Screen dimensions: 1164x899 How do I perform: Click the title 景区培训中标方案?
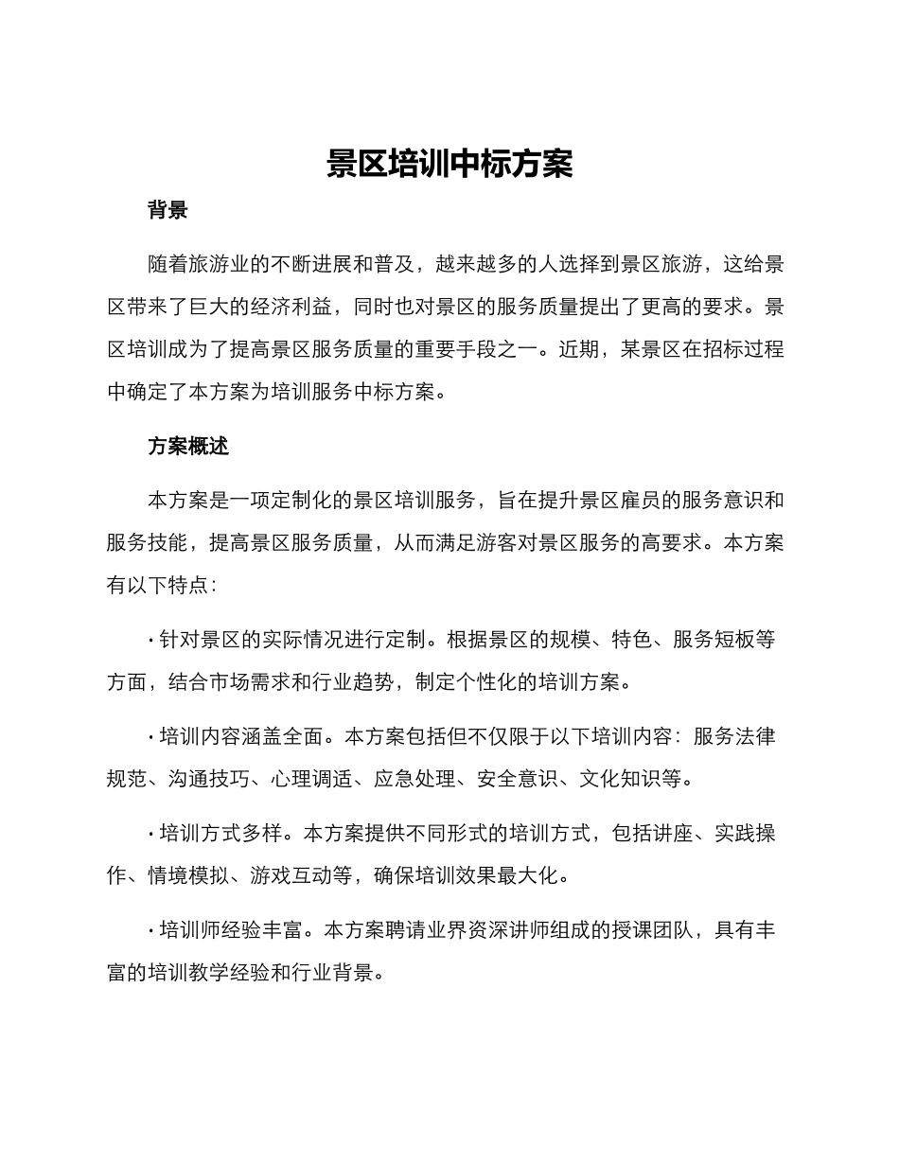[449, 164]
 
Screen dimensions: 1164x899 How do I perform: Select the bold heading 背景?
[167, 210]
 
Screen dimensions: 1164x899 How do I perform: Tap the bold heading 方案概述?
[188, 446]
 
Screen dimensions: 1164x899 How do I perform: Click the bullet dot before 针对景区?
[151, 641]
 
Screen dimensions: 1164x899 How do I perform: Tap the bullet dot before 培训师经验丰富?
[151, 931]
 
